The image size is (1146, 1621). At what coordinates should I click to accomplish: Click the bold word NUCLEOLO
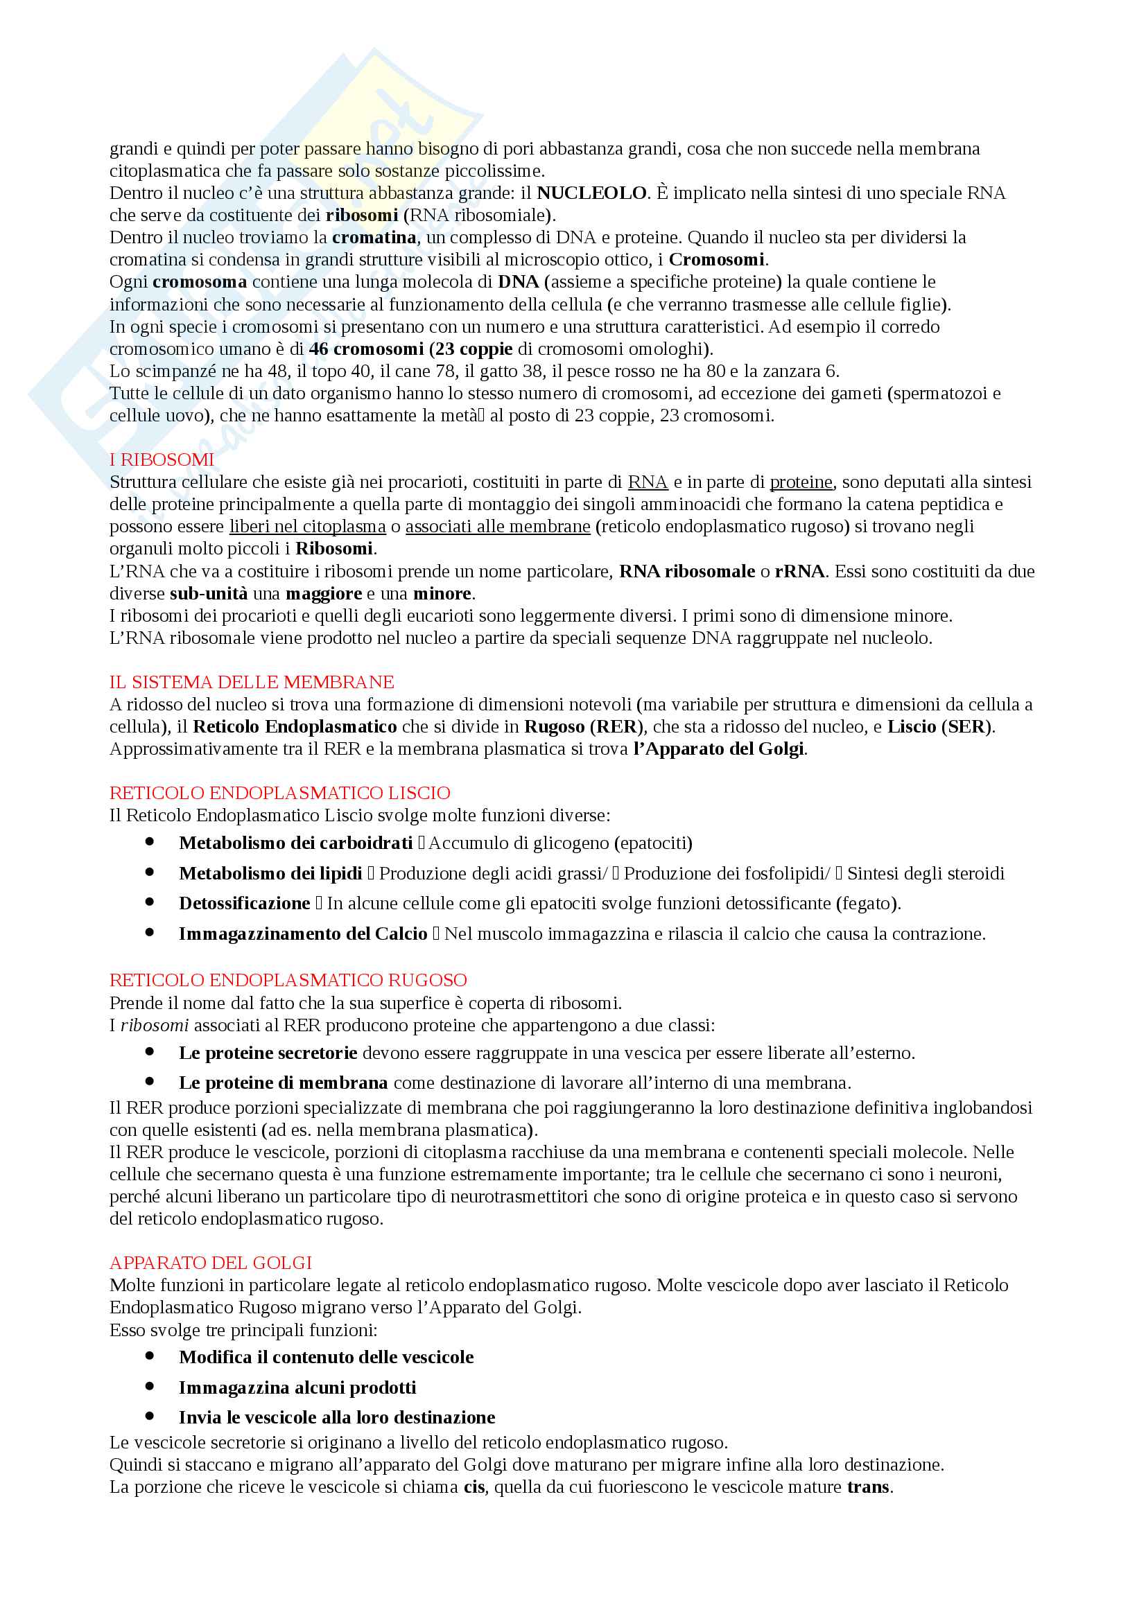click(x=591, y=193)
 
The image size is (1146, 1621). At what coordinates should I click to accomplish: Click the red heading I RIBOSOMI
click(x=161, y=459)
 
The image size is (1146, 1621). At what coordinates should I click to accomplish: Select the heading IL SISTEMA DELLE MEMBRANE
click(x=252, y=682)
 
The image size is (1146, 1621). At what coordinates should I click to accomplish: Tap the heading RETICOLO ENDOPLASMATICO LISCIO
click(x=279, y=793)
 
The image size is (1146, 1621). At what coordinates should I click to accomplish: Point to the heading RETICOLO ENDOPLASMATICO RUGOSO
click(x=288, y=980)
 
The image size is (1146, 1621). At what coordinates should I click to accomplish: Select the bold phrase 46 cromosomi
click(x=366, y=349)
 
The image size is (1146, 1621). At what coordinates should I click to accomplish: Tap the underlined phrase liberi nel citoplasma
click(x=307, y=527)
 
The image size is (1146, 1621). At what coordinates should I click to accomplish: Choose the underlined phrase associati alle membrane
click(x=497, y=527)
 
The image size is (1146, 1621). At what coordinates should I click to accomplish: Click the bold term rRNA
click(x=799, y=571)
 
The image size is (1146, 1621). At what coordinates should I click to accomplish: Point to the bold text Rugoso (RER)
click(x=583, y=726)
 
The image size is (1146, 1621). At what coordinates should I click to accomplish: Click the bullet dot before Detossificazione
click(x=150, y=902)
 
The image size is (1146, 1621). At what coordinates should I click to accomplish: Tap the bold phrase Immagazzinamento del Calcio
click(x=303, y=934)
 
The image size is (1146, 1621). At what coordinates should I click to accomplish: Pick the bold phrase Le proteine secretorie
click(x=268, y=1053)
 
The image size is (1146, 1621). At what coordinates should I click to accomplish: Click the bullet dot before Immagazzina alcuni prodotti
click(x=150, y=1387)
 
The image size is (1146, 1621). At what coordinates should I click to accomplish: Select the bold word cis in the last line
click(x=474, y=1487)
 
